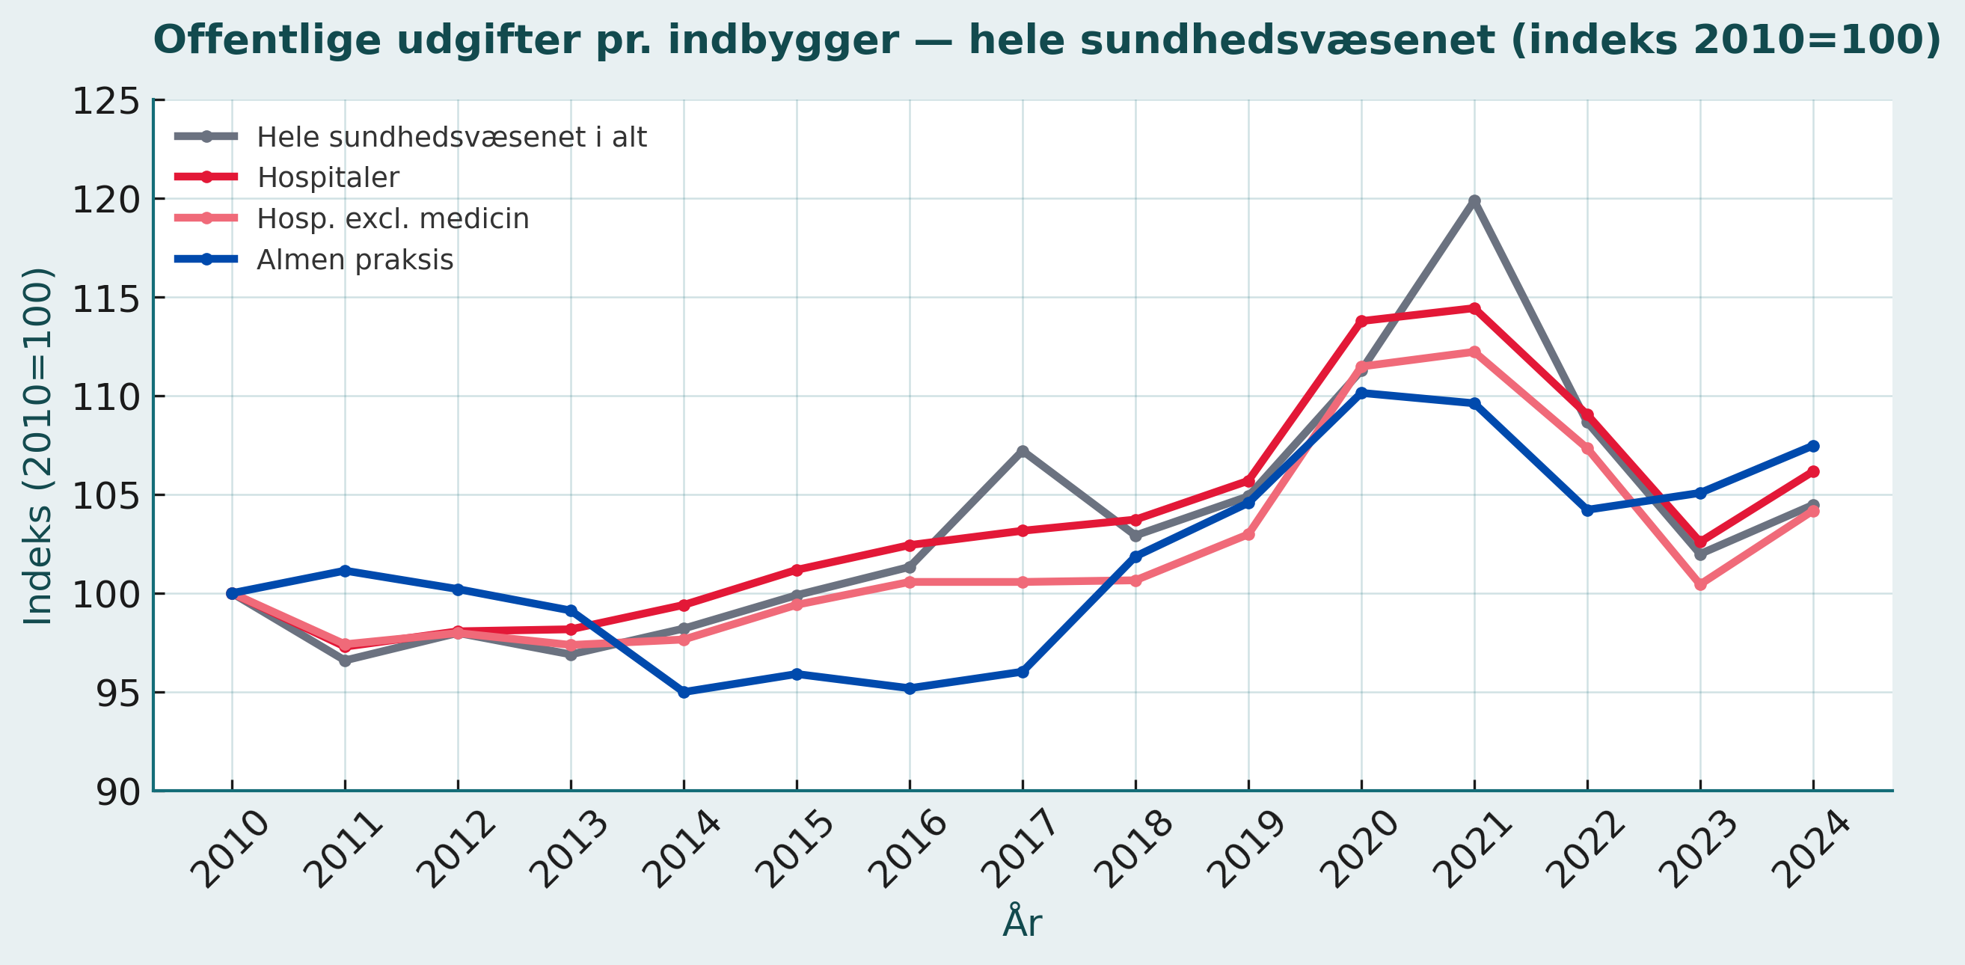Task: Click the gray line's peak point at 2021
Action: tap(1474, 201)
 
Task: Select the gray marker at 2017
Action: tap(1023, 452)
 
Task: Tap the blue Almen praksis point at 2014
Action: tap(684, 692)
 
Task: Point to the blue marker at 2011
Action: tap(345, 571)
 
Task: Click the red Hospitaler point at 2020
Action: tap(1361, 321)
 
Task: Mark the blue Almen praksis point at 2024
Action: tap(1813, 447)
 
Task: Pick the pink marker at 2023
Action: tap(1699, 584)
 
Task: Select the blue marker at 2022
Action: tap(1587, 510)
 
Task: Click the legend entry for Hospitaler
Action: tap(328, 178)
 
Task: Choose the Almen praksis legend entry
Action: tap(355, 260)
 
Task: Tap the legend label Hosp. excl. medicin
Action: tap(392, 219)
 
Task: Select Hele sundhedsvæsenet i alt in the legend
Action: tap(452, 138)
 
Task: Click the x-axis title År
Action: tap(1022, 924)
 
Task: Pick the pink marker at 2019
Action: tap(1248, 535)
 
